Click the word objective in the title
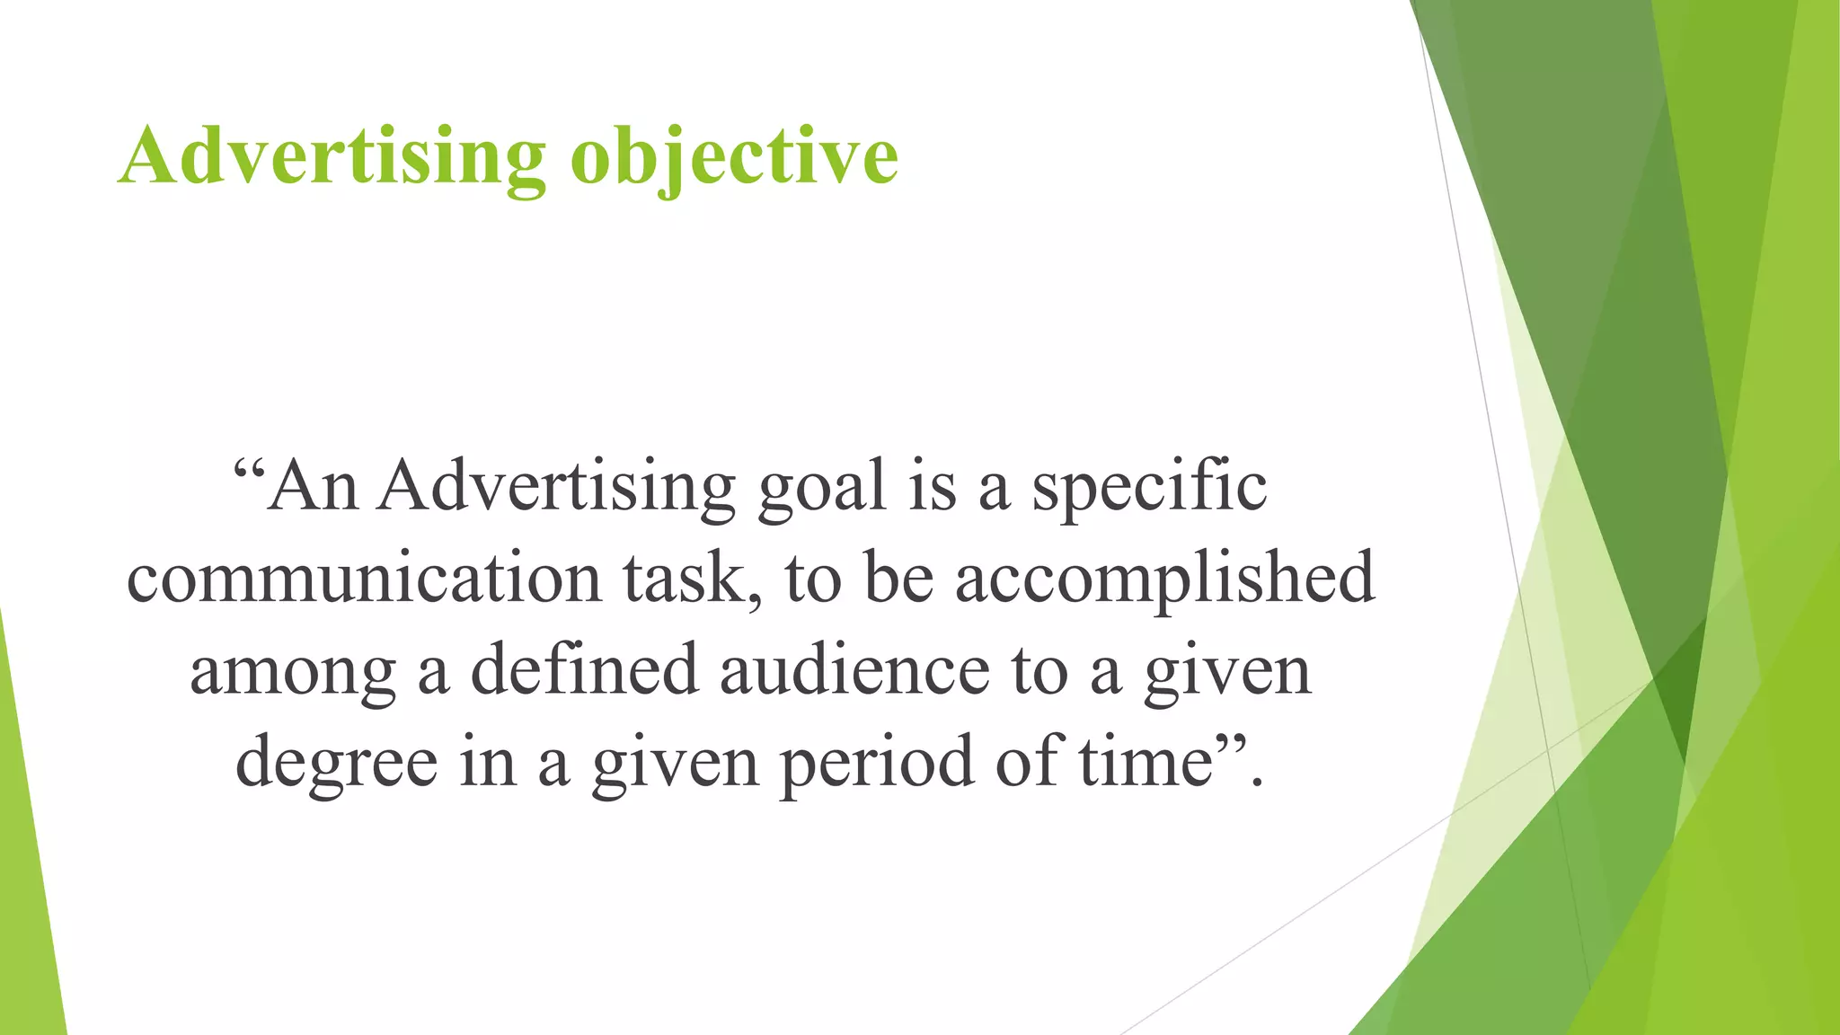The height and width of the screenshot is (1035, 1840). (x=734, y=156)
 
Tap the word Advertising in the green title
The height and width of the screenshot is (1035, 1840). (x=332, y=156)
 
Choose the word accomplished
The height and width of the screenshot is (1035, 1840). (x=1164, y=579)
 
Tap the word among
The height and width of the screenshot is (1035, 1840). (x=293, y=672)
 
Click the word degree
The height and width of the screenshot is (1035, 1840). (x=337, y=763)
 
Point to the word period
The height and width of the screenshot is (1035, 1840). (x=876, y=763)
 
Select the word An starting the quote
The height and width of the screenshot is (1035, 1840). (x=313, y=488)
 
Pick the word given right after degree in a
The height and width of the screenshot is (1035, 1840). (x=675, y=763)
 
